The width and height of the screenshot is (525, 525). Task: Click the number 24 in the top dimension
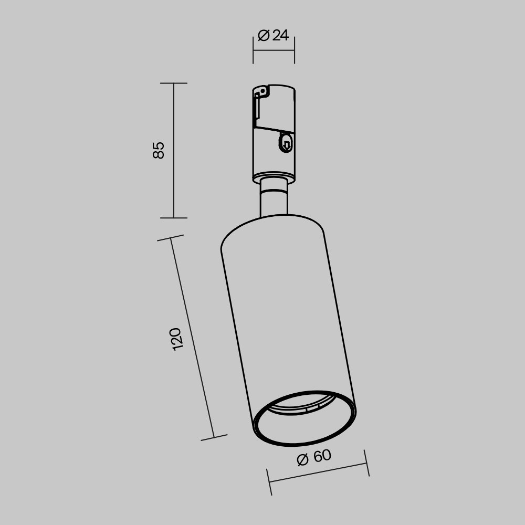tap(280, 36)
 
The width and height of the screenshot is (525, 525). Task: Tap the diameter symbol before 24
tap(264, 36)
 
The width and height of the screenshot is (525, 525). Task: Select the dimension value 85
tap(159, 150)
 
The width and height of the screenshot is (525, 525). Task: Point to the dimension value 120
tap(176, 339)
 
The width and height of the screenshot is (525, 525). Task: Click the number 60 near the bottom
tap(322, 456)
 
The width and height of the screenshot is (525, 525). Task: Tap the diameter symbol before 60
tap(302, 460)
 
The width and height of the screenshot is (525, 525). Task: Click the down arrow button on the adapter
tap(286, 143)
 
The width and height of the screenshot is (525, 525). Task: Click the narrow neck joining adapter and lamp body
tap(274, 199)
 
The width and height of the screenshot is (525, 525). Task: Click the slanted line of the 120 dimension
tap(193, 339)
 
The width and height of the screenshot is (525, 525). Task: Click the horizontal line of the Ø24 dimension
tap(274, 51)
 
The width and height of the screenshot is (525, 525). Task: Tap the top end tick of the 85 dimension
tap(174, 83)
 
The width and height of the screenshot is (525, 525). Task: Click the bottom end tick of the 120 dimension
tap(214, 437)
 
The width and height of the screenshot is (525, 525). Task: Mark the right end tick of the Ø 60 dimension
tap(366, 463)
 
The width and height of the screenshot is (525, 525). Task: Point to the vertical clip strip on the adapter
tap(256, 110)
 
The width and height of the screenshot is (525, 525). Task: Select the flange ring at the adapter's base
tap(273, 177)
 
